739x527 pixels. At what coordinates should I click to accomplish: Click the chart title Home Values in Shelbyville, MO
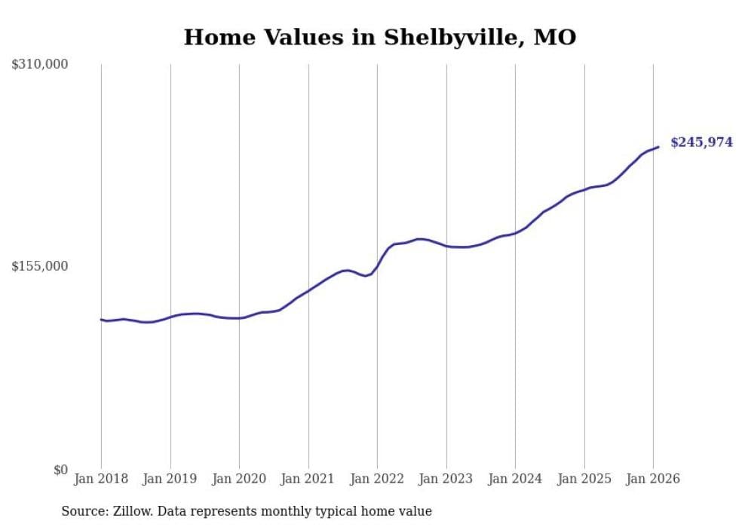click(x=379, y=38)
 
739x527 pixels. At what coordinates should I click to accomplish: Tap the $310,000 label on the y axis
click(x=40, y=65)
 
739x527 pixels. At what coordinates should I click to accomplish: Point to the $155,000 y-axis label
click(x=40, y=266)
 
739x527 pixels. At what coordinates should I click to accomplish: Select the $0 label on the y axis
click(x=60, y=470)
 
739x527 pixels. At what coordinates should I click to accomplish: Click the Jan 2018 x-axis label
click(x=101, y=479)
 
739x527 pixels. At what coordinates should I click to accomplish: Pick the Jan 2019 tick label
click(x=170, y=479)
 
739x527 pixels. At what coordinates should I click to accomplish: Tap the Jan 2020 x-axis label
click(x=239, y=479)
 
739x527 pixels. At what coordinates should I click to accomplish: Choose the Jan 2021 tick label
click(x=308, y=479)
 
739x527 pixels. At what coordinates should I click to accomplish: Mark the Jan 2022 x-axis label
click(x=377, y=479)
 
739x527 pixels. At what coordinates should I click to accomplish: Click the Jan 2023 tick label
click(x=446, y=479)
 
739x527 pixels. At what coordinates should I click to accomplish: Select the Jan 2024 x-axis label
click(x=515, y=479)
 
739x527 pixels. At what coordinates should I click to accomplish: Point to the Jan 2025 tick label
click(x=584, y=479)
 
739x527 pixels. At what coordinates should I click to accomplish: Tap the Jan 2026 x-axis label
click(x=653, y=479)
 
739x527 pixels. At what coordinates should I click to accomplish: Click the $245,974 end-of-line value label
click(x=701, y=142)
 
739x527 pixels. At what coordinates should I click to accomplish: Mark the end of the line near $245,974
click(x=658, y=147)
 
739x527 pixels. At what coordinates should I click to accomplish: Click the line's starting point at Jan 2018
click(x=101, y=320)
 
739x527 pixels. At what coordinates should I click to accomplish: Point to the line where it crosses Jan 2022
click(x=377, y=266)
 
